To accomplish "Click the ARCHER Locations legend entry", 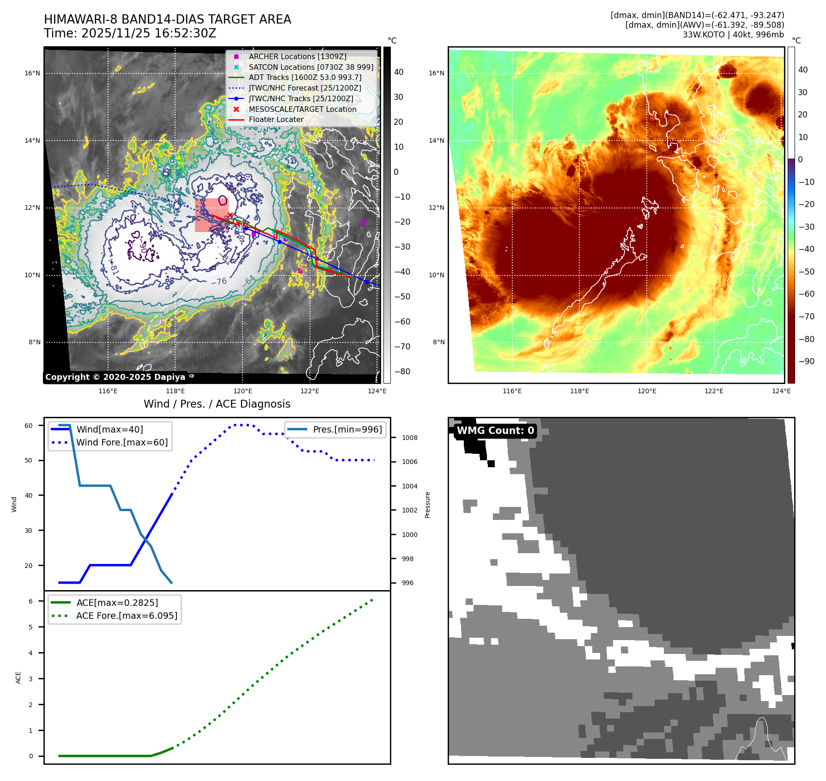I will pos(297,56).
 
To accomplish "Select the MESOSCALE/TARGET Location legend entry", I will pos(302,109).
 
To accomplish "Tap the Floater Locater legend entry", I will pos(276,119).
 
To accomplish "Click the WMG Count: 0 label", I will pos(495,431).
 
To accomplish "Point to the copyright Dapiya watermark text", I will pos(115,377).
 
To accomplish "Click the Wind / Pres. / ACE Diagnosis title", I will pos(217,404).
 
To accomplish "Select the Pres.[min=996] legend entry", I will pos(347,429).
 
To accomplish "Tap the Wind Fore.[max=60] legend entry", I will pos(122,442).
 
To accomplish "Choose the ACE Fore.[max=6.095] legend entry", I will pos(127,616).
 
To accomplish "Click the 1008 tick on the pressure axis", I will pos(409,438).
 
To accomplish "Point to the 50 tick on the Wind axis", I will pos(29,460).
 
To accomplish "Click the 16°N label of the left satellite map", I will pos(32,73).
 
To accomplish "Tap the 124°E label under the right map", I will pos(781,391).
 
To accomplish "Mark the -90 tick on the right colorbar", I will pos(806,361).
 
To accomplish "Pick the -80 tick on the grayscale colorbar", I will pos(402,372).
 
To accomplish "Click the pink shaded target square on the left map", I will pos(211,215).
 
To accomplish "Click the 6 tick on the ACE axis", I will pos(30,601).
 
